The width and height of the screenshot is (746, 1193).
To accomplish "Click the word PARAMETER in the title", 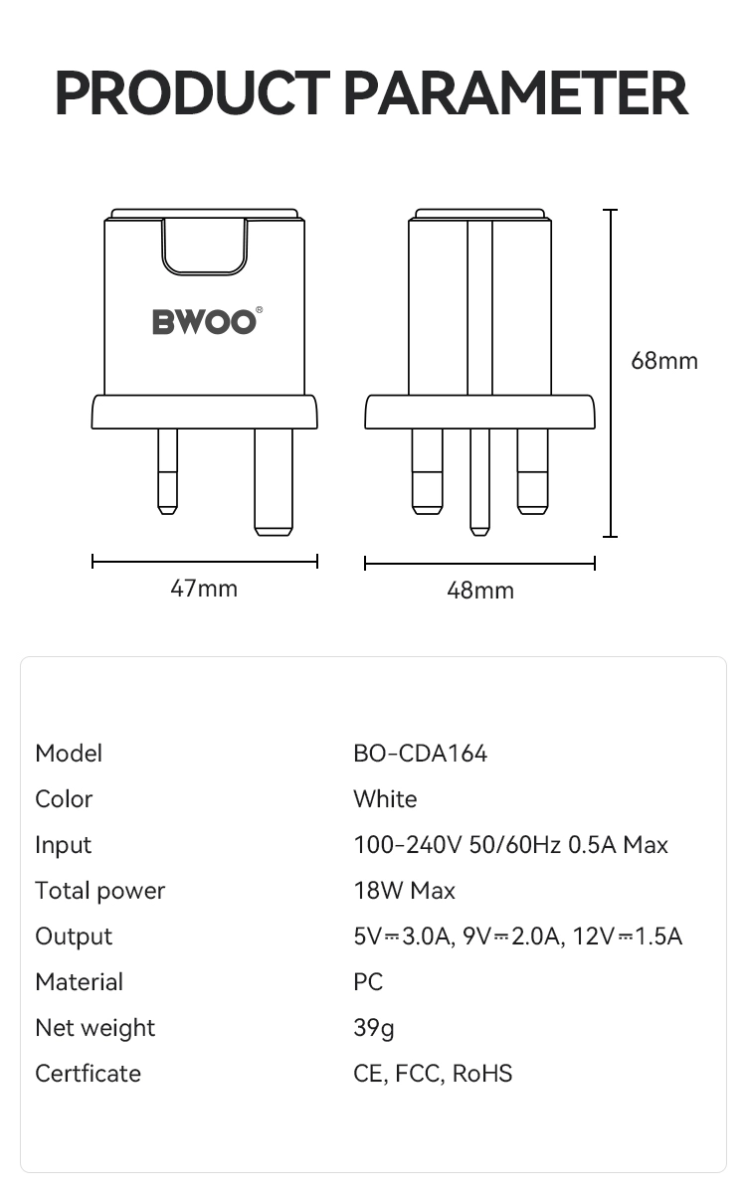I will [515, 93].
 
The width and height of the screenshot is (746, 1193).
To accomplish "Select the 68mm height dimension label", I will [664, 361].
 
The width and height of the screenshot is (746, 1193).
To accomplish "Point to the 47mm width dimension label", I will [204, 589].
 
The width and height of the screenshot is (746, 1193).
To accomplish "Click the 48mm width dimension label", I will [480, 591].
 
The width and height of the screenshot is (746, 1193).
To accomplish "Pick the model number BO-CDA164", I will [421, 754].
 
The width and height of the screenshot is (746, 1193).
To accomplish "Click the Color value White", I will [385, 799].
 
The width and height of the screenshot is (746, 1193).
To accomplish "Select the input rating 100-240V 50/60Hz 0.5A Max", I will [510, 845].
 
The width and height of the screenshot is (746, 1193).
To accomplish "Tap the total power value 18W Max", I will [404, 891].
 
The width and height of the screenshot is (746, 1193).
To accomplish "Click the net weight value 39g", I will [374, 1028].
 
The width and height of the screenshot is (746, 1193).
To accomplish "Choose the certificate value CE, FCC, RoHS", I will [433, 1074].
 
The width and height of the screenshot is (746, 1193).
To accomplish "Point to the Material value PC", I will [368, 982].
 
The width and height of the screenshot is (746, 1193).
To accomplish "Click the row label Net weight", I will [95, 1028].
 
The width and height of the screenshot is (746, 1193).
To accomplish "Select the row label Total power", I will [99, 891].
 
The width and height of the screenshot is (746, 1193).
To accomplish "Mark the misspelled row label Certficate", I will [88, 1074].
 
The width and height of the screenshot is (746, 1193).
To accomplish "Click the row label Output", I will [74, 937].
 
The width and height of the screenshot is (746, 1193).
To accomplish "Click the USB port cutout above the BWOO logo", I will [204, 246].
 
